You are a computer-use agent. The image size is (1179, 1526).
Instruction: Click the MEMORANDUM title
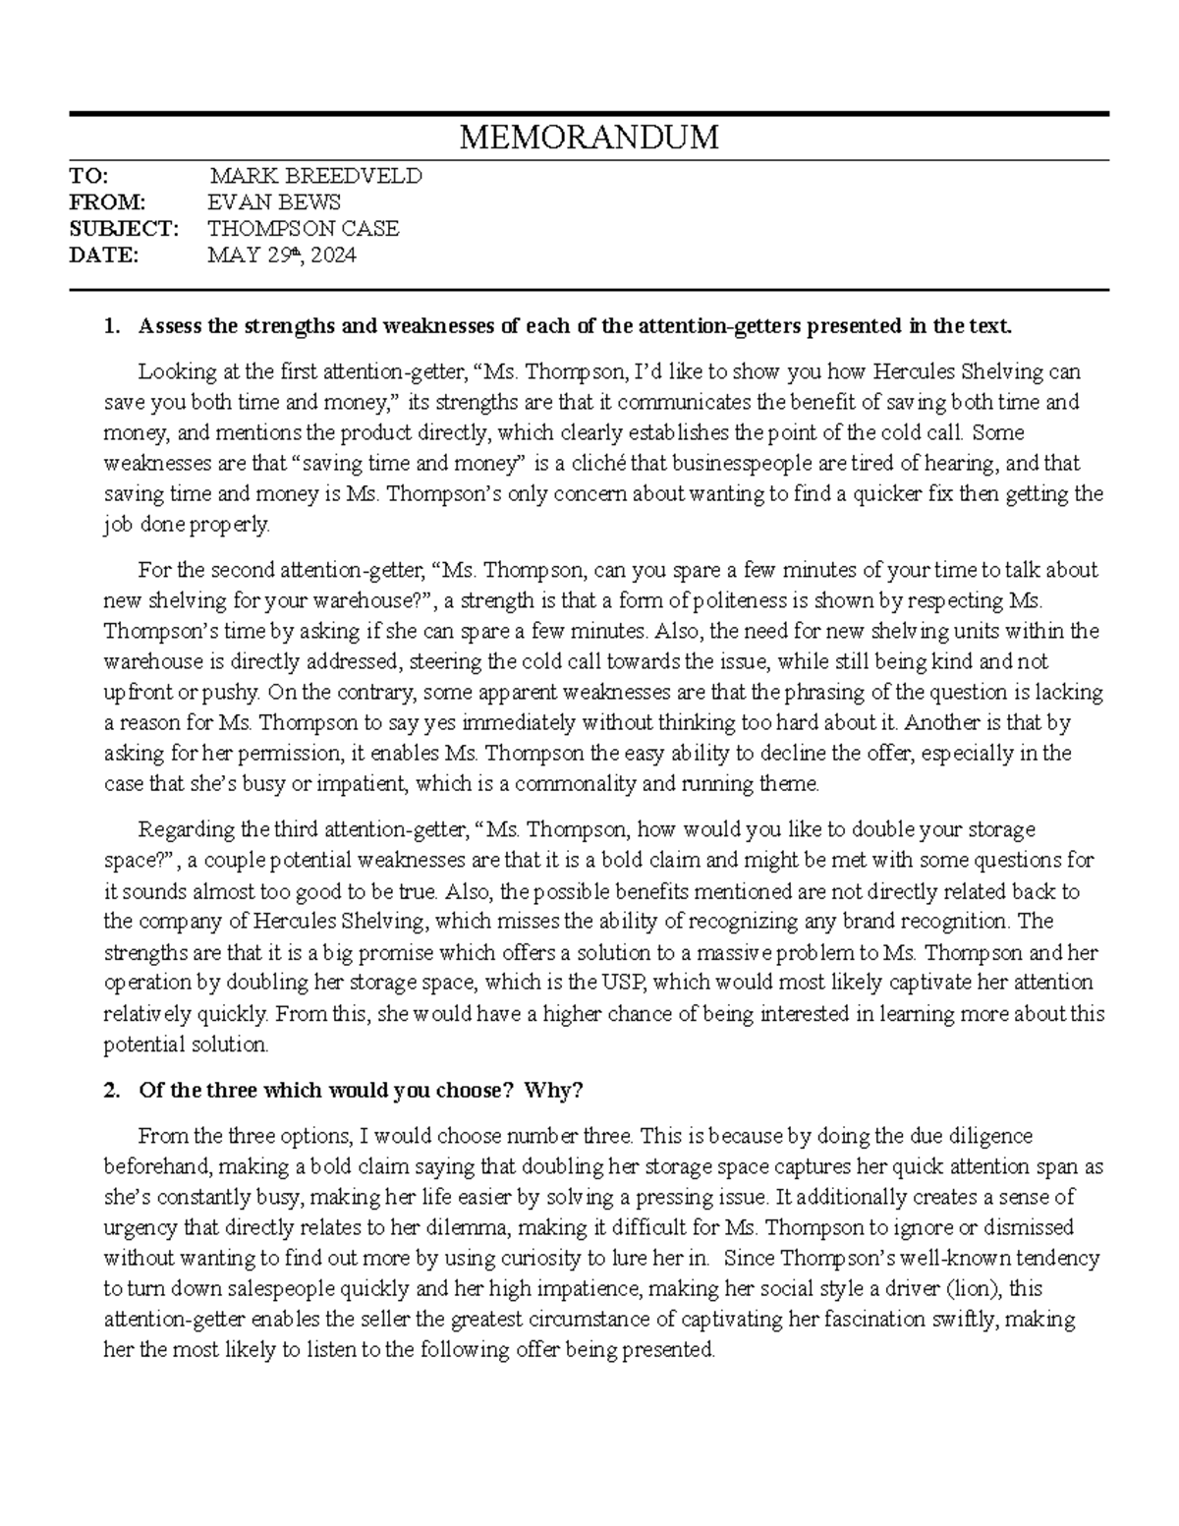pyautogui.click(x=589, y=138)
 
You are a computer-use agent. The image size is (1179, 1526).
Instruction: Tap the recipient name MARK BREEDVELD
pyautogui.click(x=315, y=177)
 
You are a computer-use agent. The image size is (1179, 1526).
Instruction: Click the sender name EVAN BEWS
pyautogui.click(x=274, y=202)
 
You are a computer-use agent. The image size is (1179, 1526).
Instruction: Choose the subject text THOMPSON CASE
pyautogui.click(x=304, y=229)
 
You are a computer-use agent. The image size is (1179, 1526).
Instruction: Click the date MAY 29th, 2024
pyautogui.click(x=282, y=255)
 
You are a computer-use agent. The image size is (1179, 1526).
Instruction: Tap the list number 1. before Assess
pyautogui.click(x=111, y=326)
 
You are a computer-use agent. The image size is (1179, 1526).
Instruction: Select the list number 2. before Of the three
pyautogui.click(x=111, y=1091)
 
